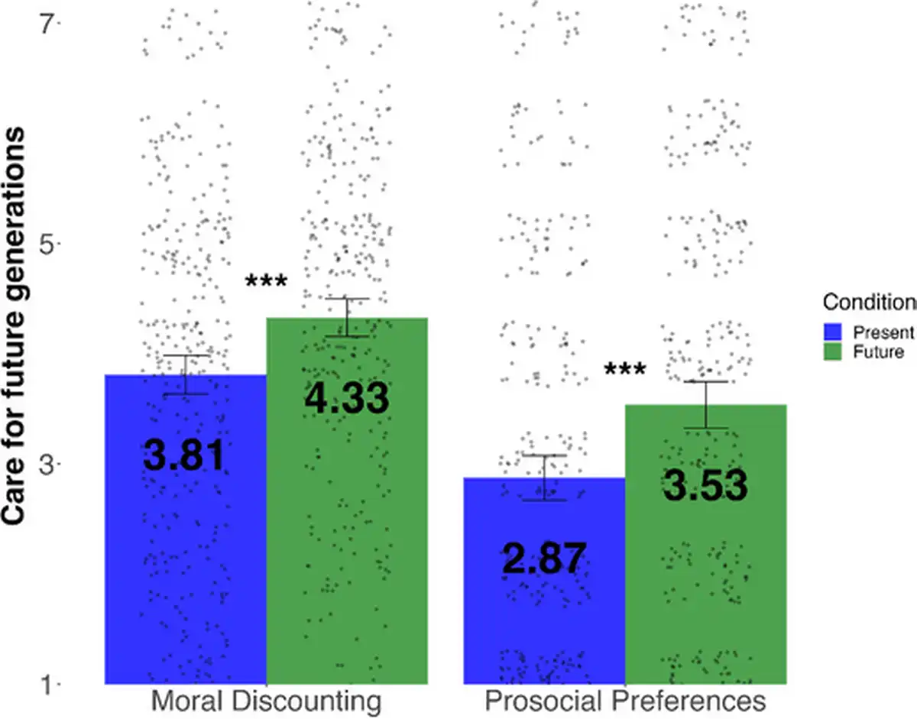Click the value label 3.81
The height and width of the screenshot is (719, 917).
[x=184, y=455]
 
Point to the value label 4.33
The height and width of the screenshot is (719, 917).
[x=347, y=399]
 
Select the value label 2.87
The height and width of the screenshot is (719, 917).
[x=544, y=559]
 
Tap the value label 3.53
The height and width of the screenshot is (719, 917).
[x=705, y=486]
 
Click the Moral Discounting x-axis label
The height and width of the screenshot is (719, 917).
[x=266, y=701]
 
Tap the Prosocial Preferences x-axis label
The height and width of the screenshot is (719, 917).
[x=625, y=701]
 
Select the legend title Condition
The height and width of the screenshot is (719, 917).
[x=869, y=303]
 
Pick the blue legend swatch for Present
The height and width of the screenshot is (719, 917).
[x=833, y=332]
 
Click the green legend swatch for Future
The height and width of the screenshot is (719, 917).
[x=833, y=351]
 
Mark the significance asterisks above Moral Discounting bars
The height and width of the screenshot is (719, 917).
[x=266, y=282]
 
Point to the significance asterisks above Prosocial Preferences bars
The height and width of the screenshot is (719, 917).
[x=625, y=370]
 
